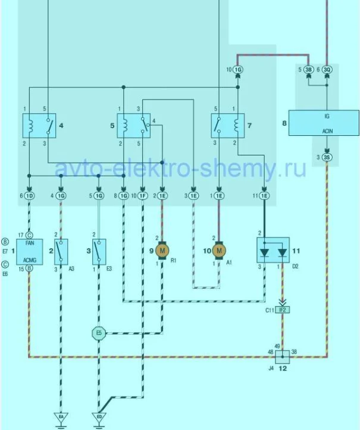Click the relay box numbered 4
click(39, 126)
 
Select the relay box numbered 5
click(133, 126)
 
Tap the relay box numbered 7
click(228, 126)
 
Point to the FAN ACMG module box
click(30, 252)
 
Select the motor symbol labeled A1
click(219, 251)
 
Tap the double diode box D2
click(273, 250)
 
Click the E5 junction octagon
click(99, 333)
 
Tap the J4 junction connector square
click(282, 357)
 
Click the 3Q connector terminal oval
click(327, 70)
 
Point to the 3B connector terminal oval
click(309, 70)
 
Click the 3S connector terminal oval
click(327, 158)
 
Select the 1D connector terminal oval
click(30, 195)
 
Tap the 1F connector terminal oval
click(143, 195)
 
